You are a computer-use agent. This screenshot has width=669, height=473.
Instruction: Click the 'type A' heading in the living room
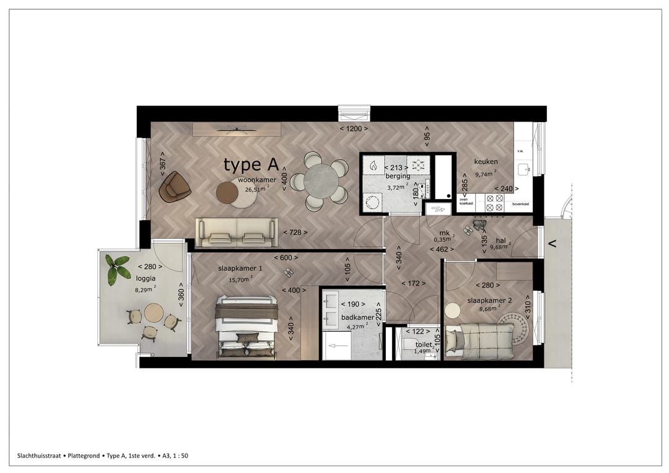tap(251, 165)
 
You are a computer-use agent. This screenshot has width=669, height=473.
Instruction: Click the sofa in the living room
tap(237, 232)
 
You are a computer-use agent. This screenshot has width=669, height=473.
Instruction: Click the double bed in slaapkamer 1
tap(246, 327)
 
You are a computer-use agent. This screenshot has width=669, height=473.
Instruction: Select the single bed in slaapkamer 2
tap(481, 340)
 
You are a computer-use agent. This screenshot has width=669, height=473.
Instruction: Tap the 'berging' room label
tap(398, 176)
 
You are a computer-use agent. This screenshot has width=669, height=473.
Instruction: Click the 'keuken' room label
tap(486, 162)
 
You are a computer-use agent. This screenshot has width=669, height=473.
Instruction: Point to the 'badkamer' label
tap(354, 317)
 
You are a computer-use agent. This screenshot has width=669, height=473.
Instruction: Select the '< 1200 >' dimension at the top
tap(354, 129)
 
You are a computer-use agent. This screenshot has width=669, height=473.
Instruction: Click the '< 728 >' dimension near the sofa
tap(295, 232)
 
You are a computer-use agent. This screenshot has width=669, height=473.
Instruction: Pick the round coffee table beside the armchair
tap(228, 193)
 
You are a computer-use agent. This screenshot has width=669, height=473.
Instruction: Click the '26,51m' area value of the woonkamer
tap(255, 190)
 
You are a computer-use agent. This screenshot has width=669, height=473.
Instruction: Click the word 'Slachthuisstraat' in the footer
tap(39, 456)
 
